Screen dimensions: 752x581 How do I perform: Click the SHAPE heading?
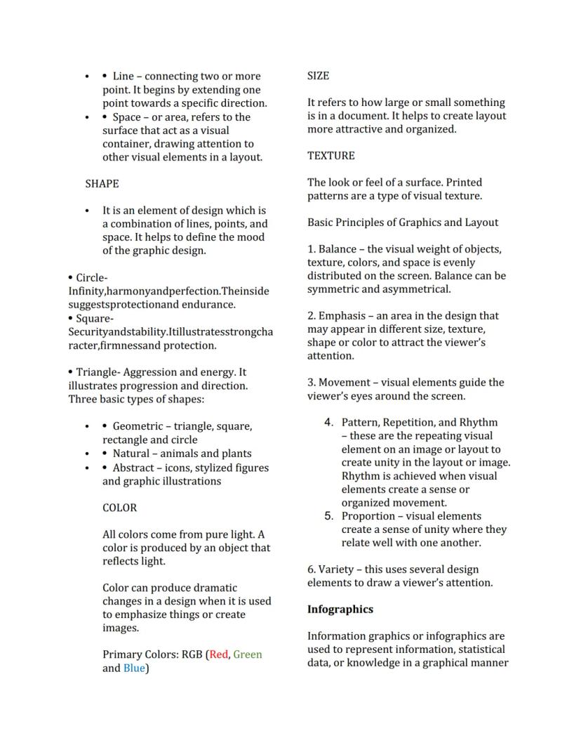click(102, 184)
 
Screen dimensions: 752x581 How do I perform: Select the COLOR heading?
click(119, 508)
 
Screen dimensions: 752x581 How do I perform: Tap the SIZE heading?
click(318, 76)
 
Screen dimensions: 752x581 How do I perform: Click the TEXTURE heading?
click(330, 156)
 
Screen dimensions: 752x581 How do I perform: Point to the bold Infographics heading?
click(340, 609)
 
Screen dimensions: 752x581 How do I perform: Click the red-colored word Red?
click(219, 654)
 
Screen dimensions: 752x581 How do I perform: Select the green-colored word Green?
click(248, 654)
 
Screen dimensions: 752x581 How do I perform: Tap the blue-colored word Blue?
click(134, 668)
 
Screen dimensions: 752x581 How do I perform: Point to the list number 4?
click(328, 423)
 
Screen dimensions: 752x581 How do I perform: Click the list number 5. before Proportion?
click(328, 516)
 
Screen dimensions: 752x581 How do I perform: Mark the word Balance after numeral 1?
click(337, 249)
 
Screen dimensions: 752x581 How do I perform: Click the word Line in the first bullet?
click(123, 77)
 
